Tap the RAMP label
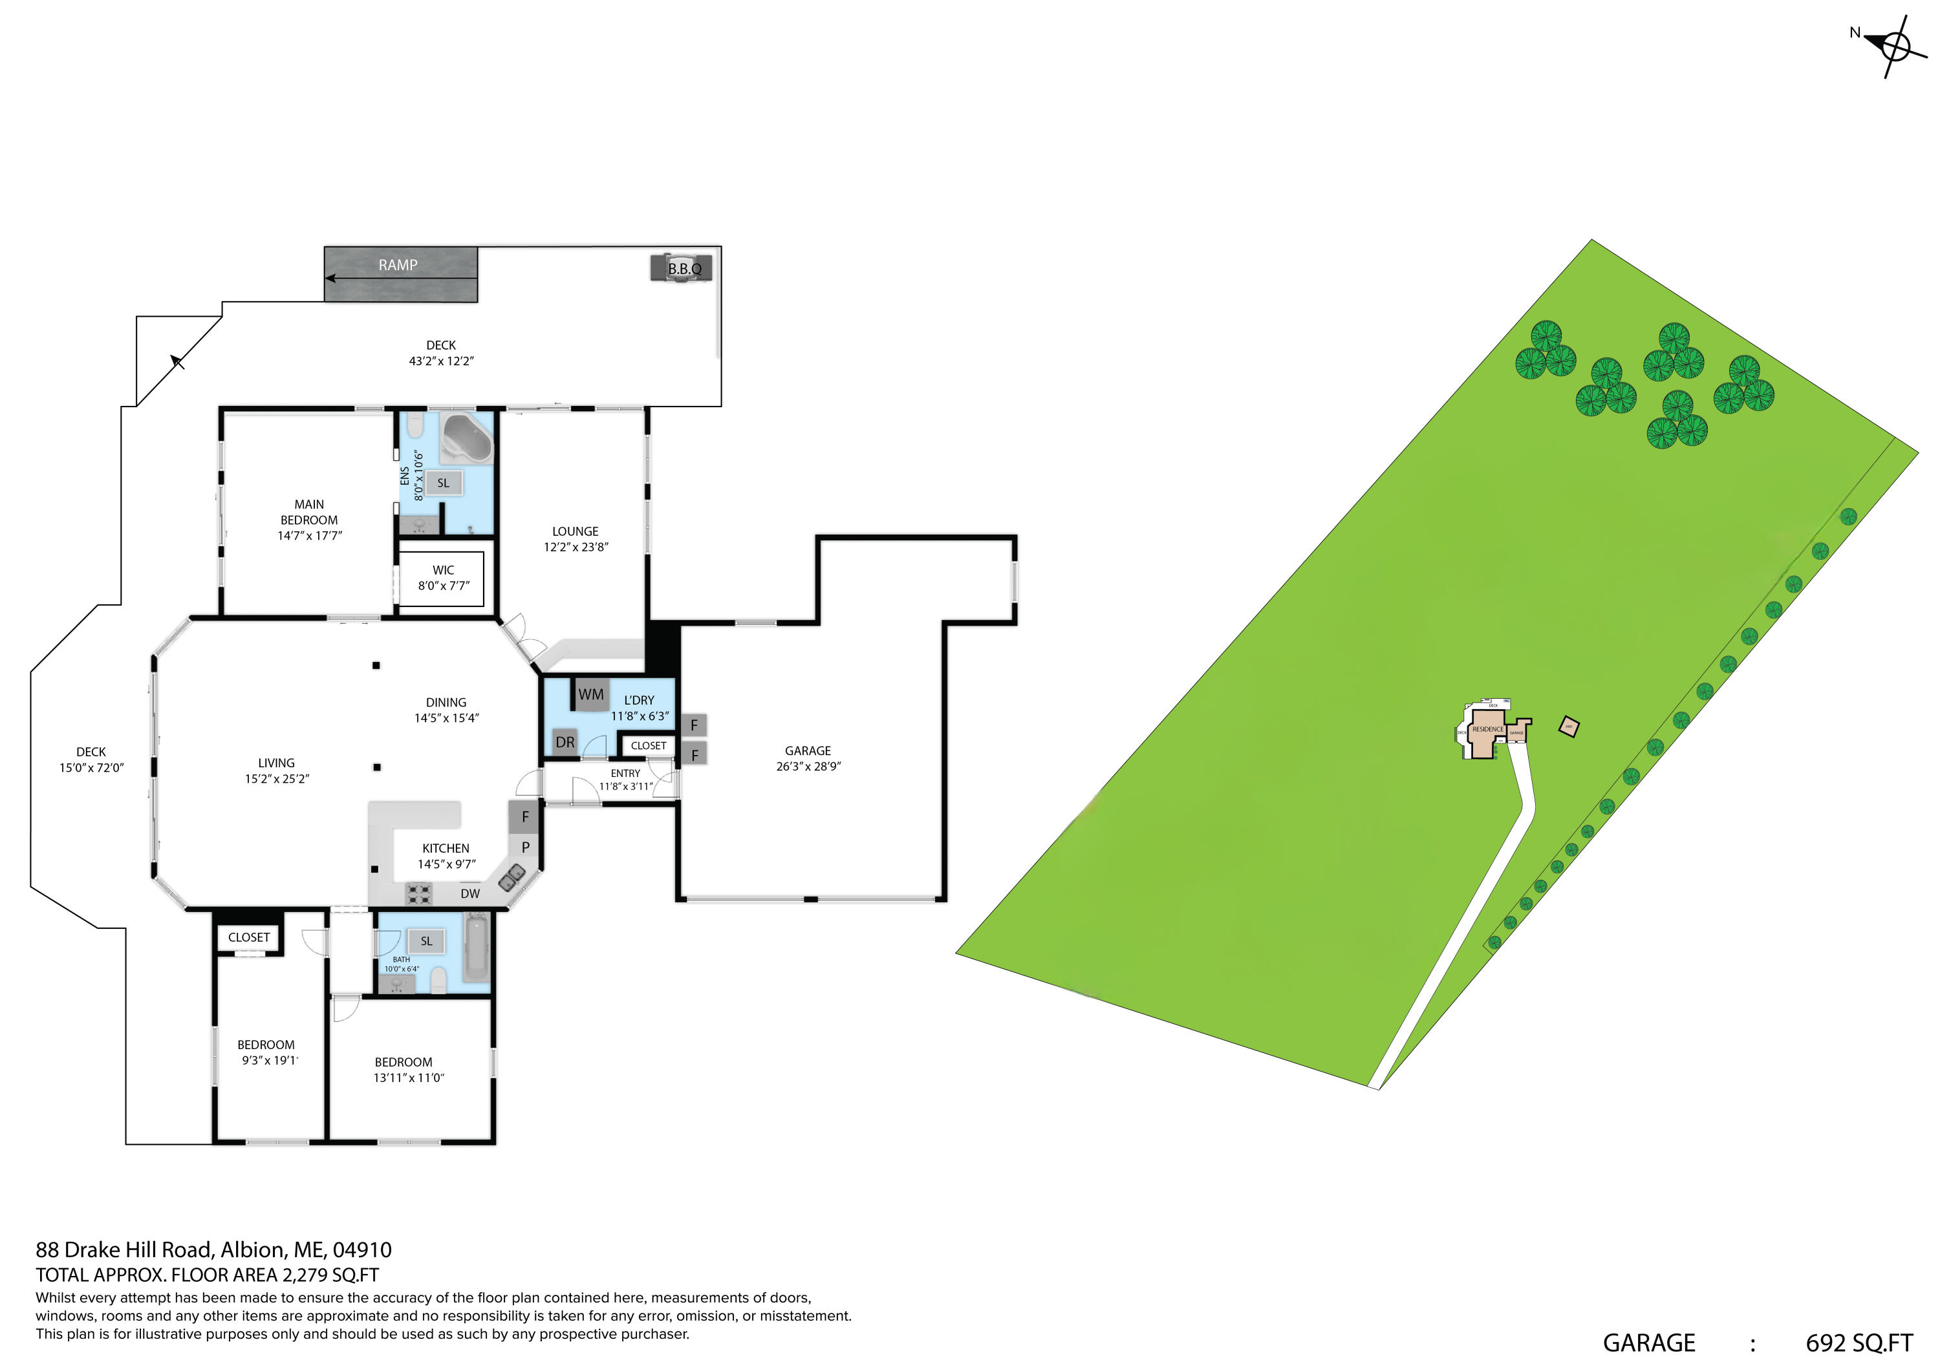398,265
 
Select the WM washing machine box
590,694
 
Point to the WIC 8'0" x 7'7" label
443,578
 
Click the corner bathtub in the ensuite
468,437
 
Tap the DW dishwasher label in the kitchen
469,894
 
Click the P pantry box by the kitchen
526,847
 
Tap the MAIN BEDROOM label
309,520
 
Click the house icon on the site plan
1487,732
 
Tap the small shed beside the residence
1568,727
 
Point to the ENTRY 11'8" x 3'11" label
625,780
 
